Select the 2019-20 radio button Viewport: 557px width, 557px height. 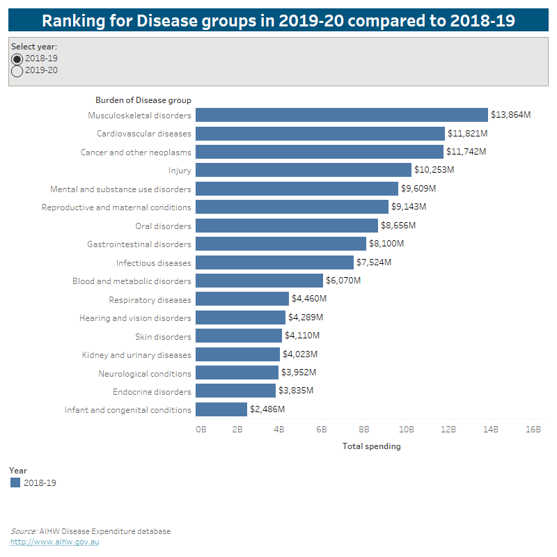point(17,70)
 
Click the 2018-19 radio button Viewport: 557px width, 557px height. point(17,58)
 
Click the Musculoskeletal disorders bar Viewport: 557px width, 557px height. point(341,115)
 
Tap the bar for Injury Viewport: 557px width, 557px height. point(304,170)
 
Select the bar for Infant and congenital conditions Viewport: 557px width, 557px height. point(221,409)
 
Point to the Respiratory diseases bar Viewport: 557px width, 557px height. point(242,299)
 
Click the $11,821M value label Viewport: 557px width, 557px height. point(466,133)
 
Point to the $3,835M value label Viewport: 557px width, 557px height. point(296,391)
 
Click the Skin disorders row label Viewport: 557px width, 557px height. point(163,336)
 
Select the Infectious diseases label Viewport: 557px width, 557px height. point(153,262)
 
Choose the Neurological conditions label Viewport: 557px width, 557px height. point(145,372)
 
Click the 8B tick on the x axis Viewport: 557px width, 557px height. point(364,430)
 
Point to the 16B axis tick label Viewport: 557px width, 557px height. point(533,430)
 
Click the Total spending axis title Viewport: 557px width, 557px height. point(372,446)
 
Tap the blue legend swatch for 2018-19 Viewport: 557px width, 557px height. point(15,483)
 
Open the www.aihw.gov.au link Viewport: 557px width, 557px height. point(54,542)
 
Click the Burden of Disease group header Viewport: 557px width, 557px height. point(143,100)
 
